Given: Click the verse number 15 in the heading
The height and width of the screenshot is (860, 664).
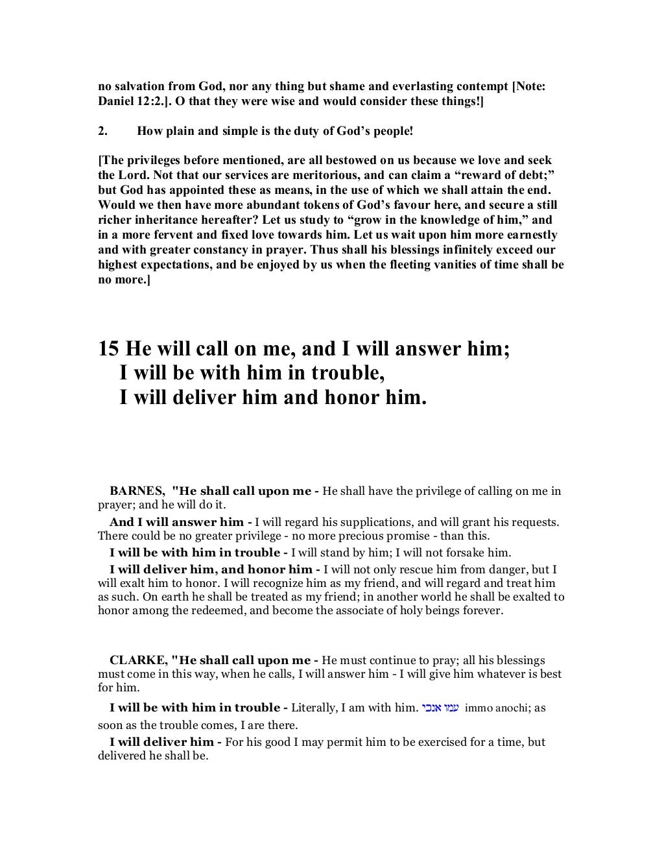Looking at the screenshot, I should tap(108, 350).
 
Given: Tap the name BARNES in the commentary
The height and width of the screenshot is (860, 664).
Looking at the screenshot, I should tap(136, 491).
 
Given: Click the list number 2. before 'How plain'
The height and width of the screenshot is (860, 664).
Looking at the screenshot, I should tap(102, 131).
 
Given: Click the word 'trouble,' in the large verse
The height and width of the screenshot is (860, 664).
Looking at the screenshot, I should tap(338, 373).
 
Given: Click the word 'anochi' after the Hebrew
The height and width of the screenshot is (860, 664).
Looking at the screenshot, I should tap(512, 708).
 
